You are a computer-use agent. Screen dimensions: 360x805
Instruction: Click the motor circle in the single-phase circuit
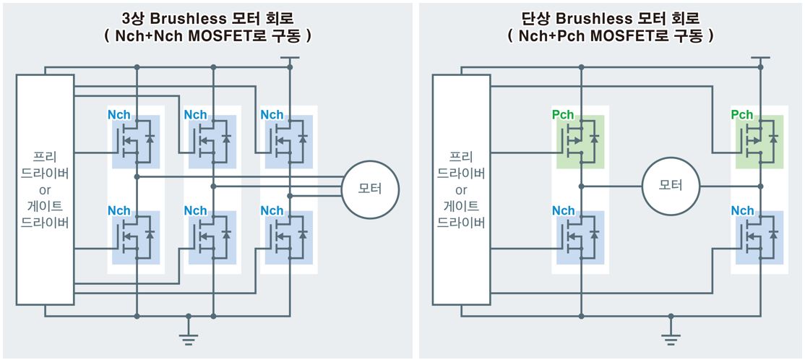[671, 185]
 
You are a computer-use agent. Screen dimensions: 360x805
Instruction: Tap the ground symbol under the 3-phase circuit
[189, 332]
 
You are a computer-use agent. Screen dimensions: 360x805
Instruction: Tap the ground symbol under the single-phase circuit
[671, 332]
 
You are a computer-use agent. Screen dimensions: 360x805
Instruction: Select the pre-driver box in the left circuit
[45, 189]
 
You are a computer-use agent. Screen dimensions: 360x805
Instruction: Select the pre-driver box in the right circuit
[461, 189]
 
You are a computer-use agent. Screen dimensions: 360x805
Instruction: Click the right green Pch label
[741, 114]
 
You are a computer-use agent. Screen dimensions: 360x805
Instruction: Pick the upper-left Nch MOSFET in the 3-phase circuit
[136, 140]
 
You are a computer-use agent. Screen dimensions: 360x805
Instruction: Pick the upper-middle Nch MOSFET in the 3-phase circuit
[212, 140]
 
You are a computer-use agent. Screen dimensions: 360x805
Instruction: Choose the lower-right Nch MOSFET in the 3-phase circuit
[289, 237]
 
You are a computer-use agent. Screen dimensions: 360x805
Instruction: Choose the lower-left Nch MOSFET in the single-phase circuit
[580, 237]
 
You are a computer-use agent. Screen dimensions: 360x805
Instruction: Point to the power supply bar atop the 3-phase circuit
[290, 58]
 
